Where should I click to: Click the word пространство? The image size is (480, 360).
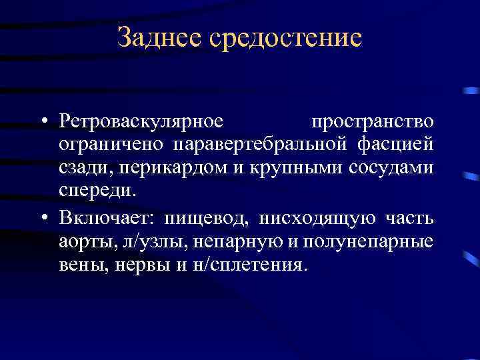click(x=373, y=122)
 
